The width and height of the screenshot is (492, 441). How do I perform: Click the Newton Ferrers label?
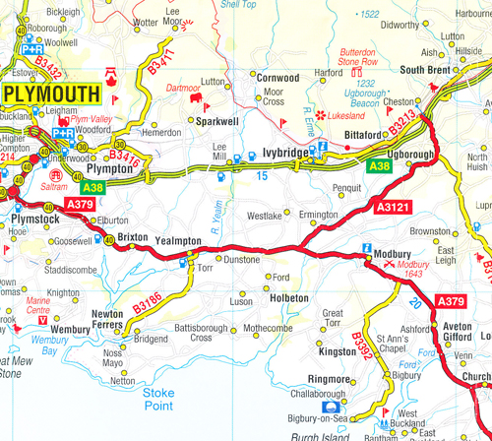click(x=107, y=321)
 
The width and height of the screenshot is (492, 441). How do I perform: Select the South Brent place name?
click(x=425, y=70)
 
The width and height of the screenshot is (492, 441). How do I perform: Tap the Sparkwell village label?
click(x=217, y=123)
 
